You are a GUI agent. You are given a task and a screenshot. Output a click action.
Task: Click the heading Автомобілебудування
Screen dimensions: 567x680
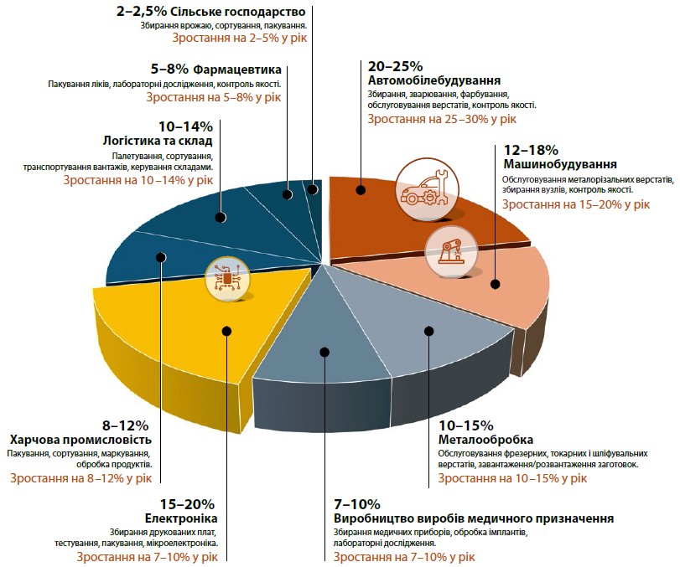434,80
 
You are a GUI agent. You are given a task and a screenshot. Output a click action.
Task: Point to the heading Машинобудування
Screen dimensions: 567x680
560,164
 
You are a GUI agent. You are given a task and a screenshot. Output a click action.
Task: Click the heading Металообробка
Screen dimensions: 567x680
486,441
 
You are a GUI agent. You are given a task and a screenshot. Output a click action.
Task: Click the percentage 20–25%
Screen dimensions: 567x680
395,66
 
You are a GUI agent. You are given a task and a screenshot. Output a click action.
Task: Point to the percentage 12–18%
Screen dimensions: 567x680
530,150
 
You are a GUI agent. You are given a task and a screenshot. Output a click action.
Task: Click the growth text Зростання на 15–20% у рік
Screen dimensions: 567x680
576,204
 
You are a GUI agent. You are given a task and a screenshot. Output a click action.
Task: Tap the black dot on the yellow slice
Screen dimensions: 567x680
227,332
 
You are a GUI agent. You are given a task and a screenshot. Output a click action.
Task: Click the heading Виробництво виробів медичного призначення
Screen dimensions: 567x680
474,518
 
